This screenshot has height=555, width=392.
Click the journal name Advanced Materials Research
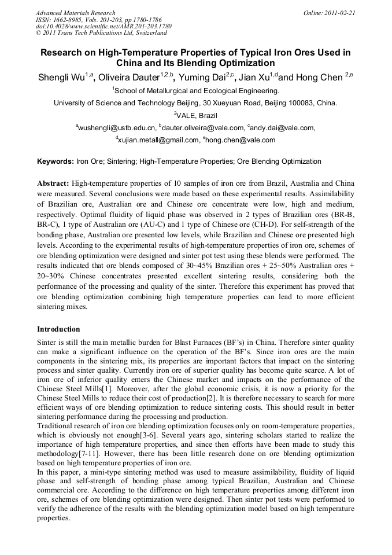75,13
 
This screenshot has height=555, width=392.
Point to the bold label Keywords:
56,161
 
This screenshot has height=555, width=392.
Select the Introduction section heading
58,329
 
